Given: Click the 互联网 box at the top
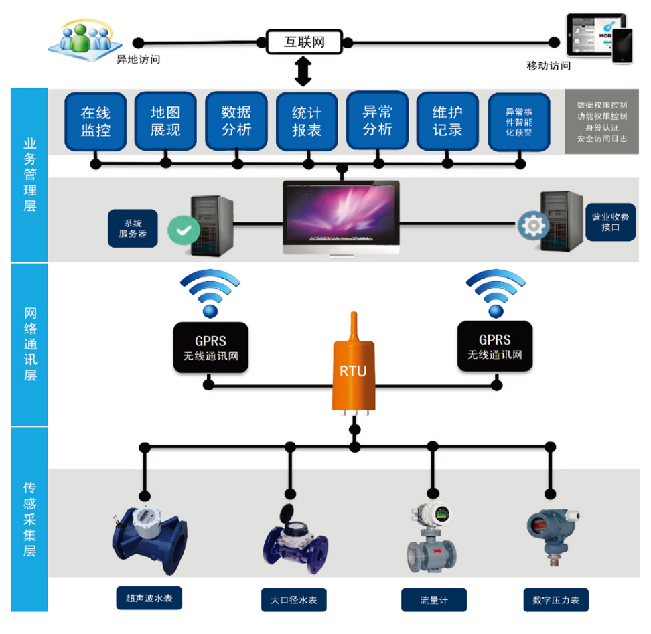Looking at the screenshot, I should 305,42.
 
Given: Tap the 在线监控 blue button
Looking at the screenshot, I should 95,121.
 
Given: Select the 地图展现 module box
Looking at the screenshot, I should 165,121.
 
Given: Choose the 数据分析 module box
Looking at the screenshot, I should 236,121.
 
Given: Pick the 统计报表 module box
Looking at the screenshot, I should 307,121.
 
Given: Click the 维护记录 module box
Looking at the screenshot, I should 448,121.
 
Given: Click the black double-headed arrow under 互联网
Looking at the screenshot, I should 304,72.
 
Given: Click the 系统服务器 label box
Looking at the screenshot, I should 133,229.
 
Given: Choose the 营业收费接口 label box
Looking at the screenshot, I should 610,222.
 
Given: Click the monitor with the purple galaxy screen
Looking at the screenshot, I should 341,214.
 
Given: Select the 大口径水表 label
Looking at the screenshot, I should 294,600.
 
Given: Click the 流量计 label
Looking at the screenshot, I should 433,600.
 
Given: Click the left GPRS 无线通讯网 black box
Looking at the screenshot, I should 211,347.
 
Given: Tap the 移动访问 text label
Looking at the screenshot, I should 549,66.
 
